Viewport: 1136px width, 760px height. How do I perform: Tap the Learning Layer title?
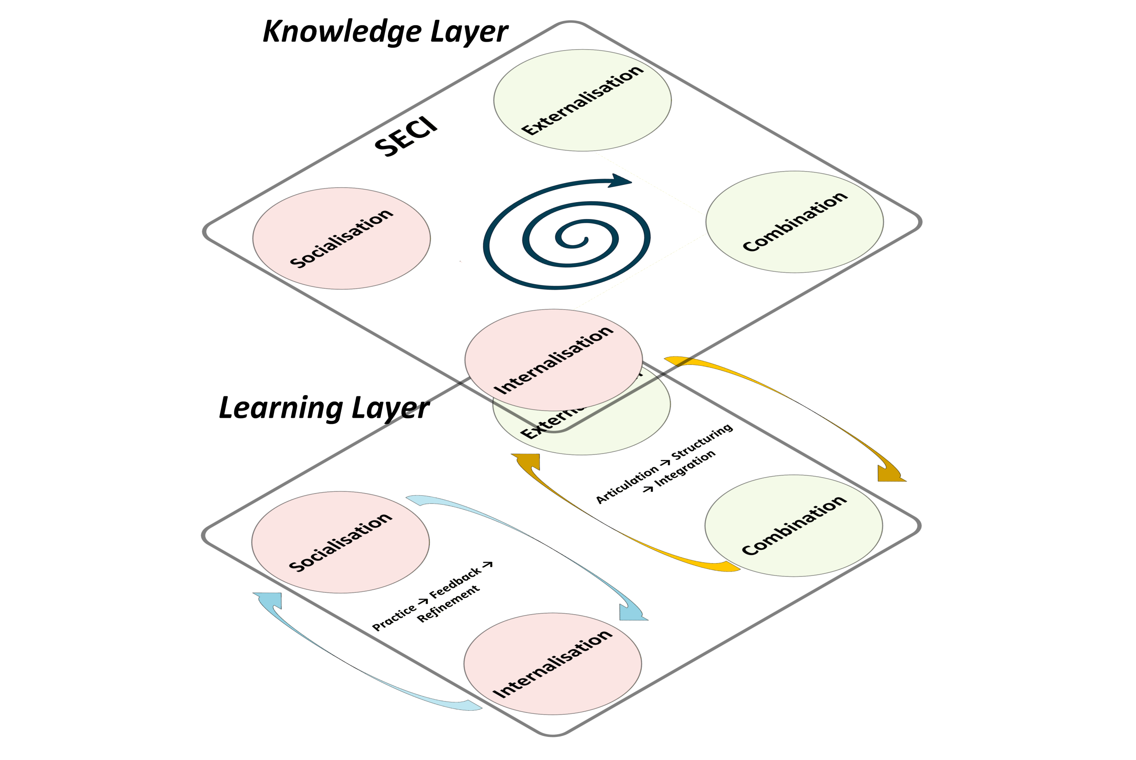[324, 408]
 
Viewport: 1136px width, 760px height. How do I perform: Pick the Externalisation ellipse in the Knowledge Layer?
[582, 100]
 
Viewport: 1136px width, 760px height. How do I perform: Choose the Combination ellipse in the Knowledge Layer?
[794, 222]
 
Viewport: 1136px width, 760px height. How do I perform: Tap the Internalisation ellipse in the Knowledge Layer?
[553, 360]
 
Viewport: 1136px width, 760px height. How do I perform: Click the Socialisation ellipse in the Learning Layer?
[340, 542]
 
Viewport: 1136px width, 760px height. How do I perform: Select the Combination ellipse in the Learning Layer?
[793, 526]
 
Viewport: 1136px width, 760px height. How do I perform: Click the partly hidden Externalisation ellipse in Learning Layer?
[606, 431]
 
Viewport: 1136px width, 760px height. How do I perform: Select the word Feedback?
[455, 582]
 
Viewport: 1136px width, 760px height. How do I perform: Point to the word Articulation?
[627, 486]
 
